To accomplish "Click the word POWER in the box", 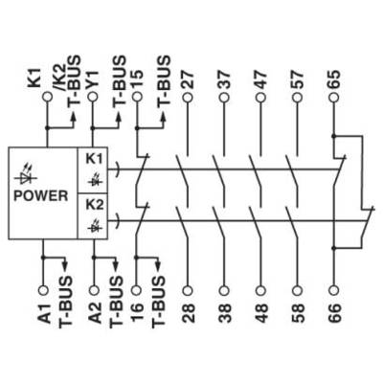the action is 41,195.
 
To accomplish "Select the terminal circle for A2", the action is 94,290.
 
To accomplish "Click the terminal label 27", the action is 188,79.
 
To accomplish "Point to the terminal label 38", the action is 225,313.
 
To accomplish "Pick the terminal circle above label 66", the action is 334,290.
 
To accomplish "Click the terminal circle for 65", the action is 334,97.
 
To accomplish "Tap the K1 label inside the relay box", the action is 94,159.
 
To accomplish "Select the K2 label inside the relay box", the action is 95,205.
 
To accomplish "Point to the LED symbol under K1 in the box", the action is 95,180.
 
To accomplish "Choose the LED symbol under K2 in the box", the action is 95,225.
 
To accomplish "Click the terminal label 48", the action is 261,313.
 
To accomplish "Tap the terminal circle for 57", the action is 298,97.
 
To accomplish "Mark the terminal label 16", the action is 137,313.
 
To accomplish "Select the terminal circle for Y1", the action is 93,97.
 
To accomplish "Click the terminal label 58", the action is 298,313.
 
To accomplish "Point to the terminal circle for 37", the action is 224,97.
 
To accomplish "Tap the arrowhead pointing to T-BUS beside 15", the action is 164,117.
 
